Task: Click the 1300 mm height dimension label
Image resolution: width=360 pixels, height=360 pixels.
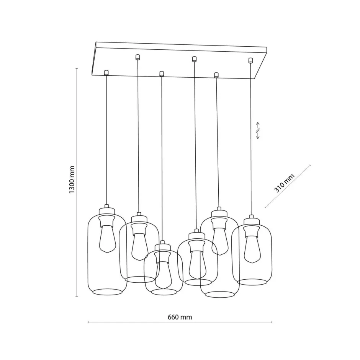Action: tap(72, 180)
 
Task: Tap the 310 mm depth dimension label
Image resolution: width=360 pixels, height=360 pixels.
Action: tap(284, 182)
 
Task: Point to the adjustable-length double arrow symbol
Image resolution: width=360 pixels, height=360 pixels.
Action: tap(258, 130)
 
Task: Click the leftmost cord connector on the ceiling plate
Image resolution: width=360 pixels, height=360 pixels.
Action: tap(106, 72)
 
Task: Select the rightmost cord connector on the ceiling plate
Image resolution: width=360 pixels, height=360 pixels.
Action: tap(251, 60)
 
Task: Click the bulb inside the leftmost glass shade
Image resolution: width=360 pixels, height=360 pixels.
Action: tap(106, 238)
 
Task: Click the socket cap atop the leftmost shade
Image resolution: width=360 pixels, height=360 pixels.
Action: tap(106, 210)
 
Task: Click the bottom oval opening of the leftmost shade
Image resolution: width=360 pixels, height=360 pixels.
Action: tap(106, 292)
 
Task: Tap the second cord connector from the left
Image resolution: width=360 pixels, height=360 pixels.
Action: tap(137, 57)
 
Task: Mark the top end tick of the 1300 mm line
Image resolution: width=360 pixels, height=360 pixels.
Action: tap(77, 69)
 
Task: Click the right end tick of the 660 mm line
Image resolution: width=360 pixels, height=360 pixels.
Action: tap(272, 322)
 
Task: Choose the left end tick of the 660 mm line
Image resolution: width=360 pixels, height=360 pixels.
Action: tap(88, 322)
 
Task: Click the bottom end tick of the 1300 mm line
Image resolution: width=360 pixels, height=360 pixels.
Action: tap(77, 296)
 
